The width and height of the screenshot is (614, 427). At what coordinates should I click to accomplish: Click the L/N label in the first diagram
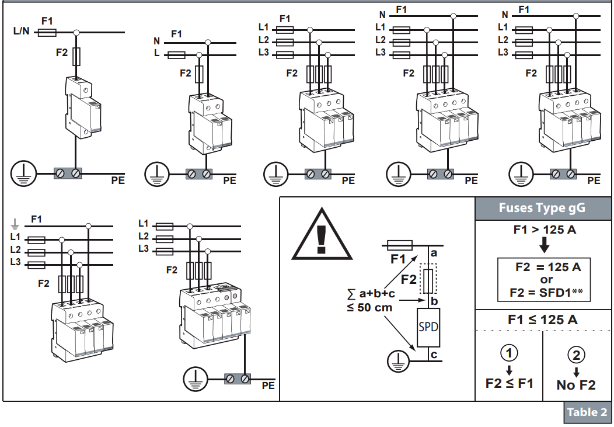pyautogui.click(x=21, y=31)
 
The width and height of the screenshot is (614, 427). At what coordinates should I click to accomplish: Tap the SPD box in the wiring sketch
pyautogui.click(x=428, y=327)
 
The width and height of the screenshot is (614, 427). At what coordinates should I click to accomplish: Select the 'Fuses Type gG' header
pyautogui.click(x=542, y=208)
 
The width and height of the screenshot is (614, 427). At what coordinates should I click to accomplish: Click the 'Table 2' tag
pyautogui.click(x=587, y=412)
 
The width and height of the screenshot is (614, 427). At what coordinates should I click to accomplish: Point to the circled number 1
pyautogui.click(x=509, y=353)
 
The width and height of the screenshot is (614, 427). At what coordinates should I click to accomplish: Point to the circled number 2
pyautogui.click(x=577, y=354)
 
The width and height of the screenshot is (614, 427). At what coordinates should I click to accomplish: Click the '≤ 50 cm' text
pyautogui.click(x=369, y=307)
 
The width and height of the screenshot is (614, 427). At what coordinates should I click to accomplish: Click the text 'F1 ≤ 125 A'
pyautogui.click(x=543, y=320)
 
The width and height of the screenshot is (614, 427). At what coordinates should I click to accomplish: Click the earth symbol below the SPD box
pyautogui.click(x=400, y=360)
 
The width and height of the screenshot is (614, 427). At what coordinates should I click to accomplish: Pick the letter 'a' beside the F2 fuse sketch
pyautogui.click(x=433, y=253)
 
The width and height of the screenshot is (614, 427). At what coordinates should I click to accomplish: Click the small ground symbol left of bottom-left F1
pyautogui.click(x=16, y=223)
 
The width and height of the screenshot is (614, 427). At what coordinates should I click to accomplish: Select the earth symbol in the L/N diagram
pyautogui.click(x=23, y=173)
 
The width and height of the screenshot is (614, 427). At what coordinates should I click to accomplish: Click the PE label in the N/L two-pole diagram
pyautogui.click(x=229, y=180)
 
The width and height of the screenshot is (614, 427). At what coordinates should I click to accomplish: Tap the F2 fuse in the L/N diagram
pyautogui.click(x=76, y=57)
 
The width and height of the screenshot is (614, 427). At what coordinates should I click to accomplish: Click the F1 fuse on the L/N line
pyautogui.click(x=47, y=33)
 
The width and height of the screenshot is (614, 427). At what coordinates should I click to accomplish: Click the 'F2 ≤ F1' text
pyautogui.click(x=509, y=384)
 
